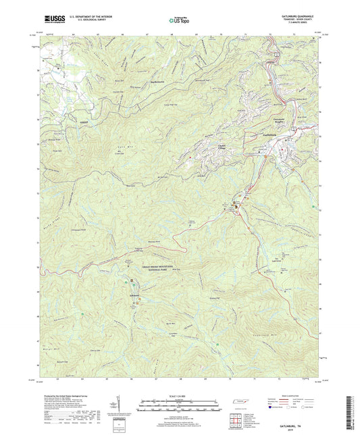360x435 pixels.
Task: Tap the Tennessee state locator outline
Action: coord(238,403)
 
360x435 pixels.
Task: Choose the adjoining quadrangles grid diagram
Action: coord(234,420)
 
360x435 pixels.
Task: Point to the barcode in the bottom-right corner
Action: coord(350,411)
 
